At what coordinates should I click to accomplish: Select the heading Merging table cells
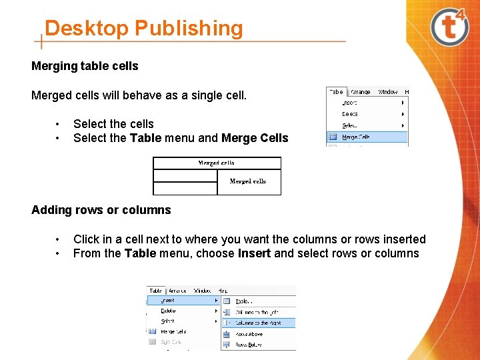85,66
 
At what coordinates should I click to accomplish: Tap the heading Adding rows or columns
101,210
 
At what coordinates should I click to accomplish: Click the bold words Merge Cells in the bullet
255,138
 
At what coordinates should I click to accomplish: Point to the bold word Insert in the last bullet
254,253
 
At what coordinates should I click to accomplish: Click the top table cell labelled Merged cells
217,163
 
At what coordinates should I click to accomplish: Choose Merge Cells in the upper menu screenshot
356,137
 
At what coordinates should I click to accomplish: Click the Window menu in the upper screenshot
387,92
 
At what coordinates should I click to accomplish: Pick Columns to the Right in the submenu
258,323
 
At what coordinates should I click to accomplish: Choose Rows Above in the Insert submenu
249,334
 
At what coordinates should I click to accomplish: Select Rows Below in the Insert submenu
249,345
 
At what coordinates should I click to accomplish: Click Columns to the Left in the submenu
257,312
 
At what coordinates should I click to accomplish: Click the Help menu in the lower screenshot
223,291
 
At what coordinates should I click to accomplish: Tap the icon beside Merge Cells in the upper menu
332,137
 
